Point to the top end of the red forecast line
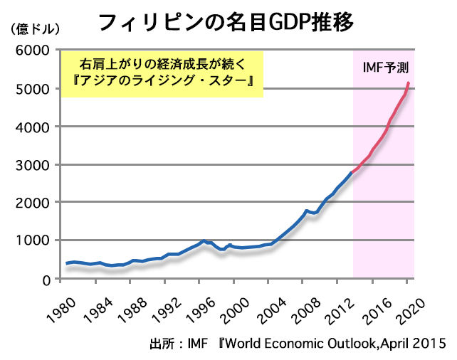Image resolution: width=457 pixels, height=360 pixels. (408, 83)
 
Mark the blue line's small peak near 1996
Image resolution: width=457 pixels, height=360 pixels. (204, 240)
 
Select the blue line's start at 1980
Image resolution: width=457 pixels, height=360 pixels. (67, 263)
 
